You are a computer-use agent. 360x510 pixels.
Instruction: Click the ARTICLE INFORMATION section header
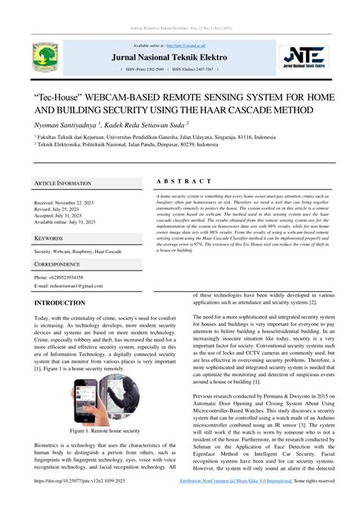pos(63,183)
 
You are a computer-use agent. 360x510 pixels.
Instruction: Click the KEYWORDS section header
pos(49,238)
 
